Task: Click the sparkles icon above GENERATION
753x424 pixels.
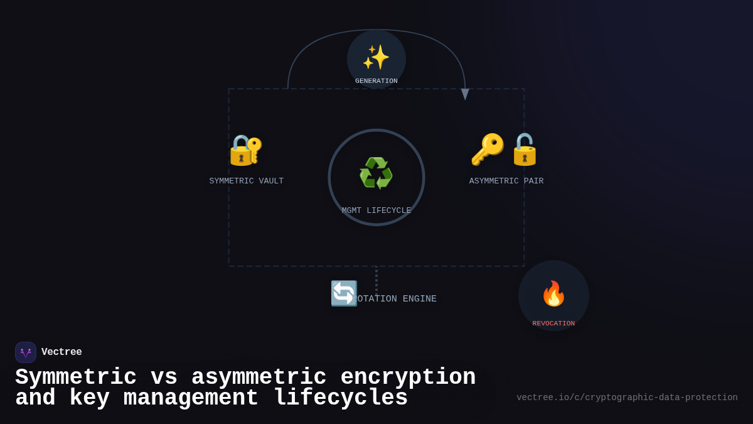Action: coord(376,57)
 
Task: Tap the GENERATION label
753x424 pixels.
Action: coord(376,81)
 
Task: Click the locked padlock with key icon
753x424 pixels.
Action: coord(245,150)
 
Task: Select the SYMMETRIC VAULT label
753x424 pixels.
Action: coord(247,182)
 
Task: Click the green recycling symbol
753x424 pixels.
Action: coord(376,173)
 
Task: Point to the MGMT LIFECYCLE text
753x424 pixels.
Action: coord(376,211)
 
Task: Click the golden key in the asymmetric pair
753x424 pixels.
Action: coord(487,149)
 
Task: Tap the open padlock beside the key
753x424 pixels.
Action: coord(525,149)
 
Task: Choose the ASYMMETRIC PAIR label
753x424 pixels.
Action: coord(506,182)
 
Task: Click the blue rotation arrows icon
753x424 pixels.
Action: coord(344,293)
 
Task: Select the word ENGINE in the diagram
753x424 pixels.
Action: coord(419,299)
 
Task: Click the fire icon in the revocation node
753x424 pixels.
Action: coord(553,293)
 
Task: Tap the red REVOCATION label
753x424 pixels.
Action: coord(553,323)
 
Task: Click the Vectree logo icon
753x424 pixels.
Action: coord(26,352)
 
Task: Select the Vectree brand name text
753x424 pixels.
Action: coord(61,352)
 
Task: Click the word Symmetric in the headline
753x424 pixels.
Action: coord(76,378)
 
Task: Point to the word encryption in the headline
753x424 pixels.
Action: coord(408,378)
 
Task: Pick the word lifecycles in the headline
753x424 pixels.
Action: coord(341,398)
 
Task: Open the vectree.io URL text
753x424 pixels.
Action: coord(627,398)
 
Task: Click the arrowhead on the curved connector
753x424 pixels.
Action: coord(465,94)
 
